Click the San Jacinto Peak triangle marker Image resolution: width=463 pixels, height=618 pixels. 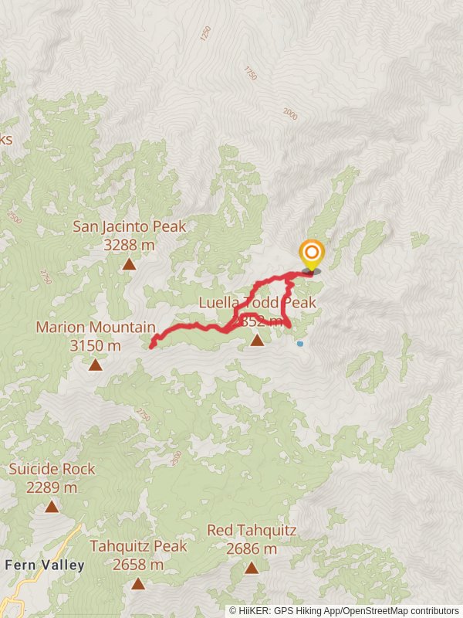(x=129, y=264)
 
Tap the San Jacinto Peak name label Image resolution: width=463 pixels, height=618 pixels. (x=129, y=227)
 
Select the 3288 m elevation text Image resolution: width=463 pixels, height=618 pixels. (x=129, y=245)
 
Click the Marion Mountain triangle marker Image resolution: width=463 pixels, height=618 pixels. (x=95, y=365)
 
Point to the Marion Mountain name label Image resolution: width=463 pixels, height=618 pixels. (x=96, y=328)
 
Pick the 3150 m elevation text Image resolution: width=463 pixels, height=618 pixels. (x=95, y=345)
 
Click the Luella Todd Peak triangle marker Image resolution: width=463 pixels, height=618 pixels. (x=257, y=339)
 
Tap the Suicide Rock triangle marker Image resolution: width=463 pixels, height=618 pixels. (x=52, y=507)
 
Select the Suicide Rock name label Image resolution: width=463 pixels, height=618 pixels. (x=52, y=469)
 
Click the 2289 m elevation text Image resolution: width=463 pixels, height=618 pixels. (x=52, y=487)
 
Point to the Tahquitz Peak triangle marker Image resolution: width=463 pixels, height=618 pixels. (x=138, y=583)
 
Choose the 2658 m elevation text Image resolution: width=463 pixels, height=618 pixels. (x=138, y=565)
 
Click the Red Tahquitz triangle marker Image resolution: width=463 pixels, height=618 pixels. (x=252, y=568)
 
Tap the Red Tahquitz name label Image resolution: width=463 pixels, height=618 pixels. (x=252, y=531)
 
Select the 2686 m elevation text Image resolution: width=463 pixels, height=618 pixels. (x=252, y=549)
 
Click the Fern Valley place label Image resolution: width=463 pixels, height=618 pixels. (x=45, y=565)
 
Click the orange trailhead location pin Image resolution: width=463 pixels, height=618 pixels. (x=311, y=254)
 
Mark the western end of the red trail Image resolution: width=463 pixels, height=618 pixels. (x=150, y=347)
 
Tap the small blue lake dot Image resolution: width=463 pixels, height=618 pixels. (x=300, y=344)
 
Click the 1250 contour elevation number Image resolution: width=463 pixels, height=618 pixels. (x=205, y=33)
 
